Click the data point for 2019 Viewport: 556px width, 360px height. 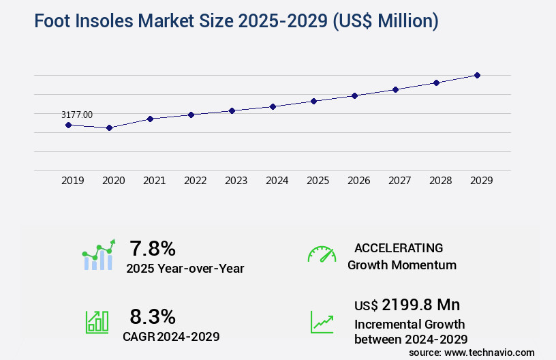[68, 125]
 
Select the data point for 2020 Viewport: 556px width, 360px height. [109, 127]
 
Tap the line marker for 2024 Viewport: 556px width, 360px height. [273, 106]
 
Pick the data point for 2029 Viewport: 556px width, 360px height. [477, 75]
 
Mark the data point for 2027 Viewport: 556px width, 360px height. [395, 89]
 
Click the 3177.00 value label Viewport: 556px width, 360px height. [77, 115]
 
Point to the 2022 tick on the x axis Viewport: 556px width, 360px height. [195, 181]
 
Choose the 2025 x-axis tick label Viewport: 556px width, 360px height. [318, 181]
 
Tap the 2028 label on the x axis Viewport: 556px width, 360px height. [440, 181]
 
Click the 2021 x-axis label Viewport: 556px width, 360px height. [154, 181]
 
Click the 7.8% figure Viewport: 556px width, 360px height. [153, 248]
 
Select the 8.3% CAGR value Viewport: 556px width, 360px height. [153, 316]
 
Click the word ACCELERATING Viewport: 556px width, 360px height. [399, 248]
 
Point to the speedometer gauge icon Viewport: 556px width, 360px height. [322, 254]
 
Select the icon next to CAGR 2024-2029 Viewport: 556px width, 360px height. [97, 322]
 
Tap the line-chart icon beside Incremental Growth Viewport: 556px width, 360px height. [322, 322]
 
